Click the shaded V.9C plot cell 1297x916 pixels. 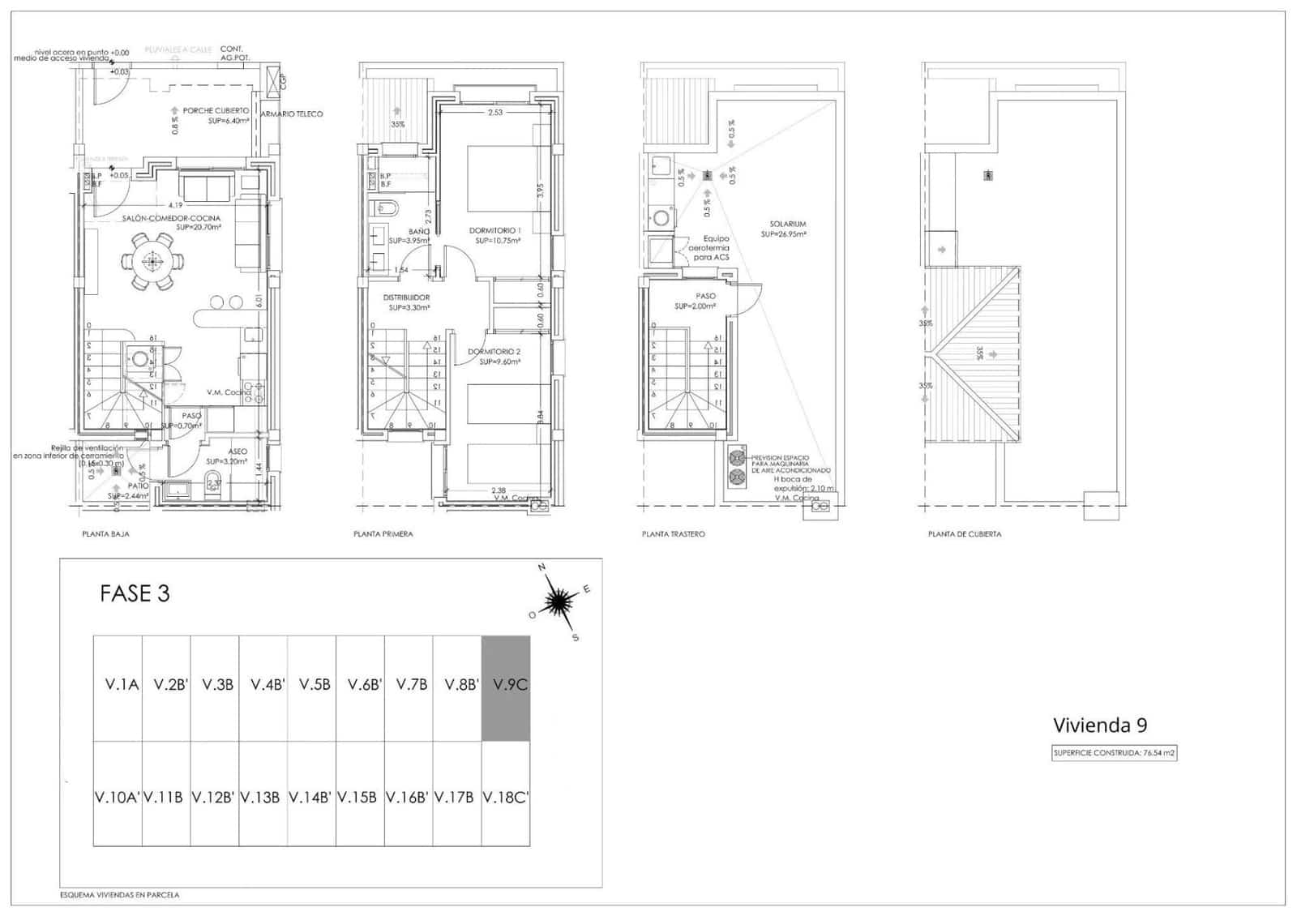pos(506,687)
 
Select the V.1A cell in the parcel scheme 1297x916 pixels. pos(122,685)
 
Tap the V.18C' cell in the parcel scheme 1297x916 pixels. pos(506,798)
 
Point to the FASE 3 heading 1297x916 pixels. pos(135,593)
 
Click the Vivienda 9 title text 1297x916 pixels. pos(1099,725)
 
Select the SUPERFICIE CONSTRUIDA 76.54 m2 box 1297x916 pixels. pos(1114,753)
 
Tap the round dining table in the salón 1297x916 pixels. pos(152,261)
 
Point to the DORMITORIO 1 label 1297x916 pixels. pos(494,231)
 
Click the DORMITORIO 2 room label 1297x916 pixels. pos(494,352)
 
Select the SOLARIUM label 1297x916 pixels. pos(788,224)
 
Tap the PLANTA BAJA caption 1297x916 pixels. pos(105,534)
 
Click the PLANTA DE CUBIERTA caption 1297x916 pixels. pos(965,534)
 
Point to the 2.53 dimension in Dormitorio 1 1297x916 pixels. pos(494,113)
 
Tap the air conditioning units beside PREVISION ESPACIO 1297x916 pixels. pos(737,466)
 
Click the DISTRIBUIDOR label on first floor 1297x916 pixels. pos(406,297)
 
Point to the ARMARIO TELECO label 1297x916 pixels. pos(291,114)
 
